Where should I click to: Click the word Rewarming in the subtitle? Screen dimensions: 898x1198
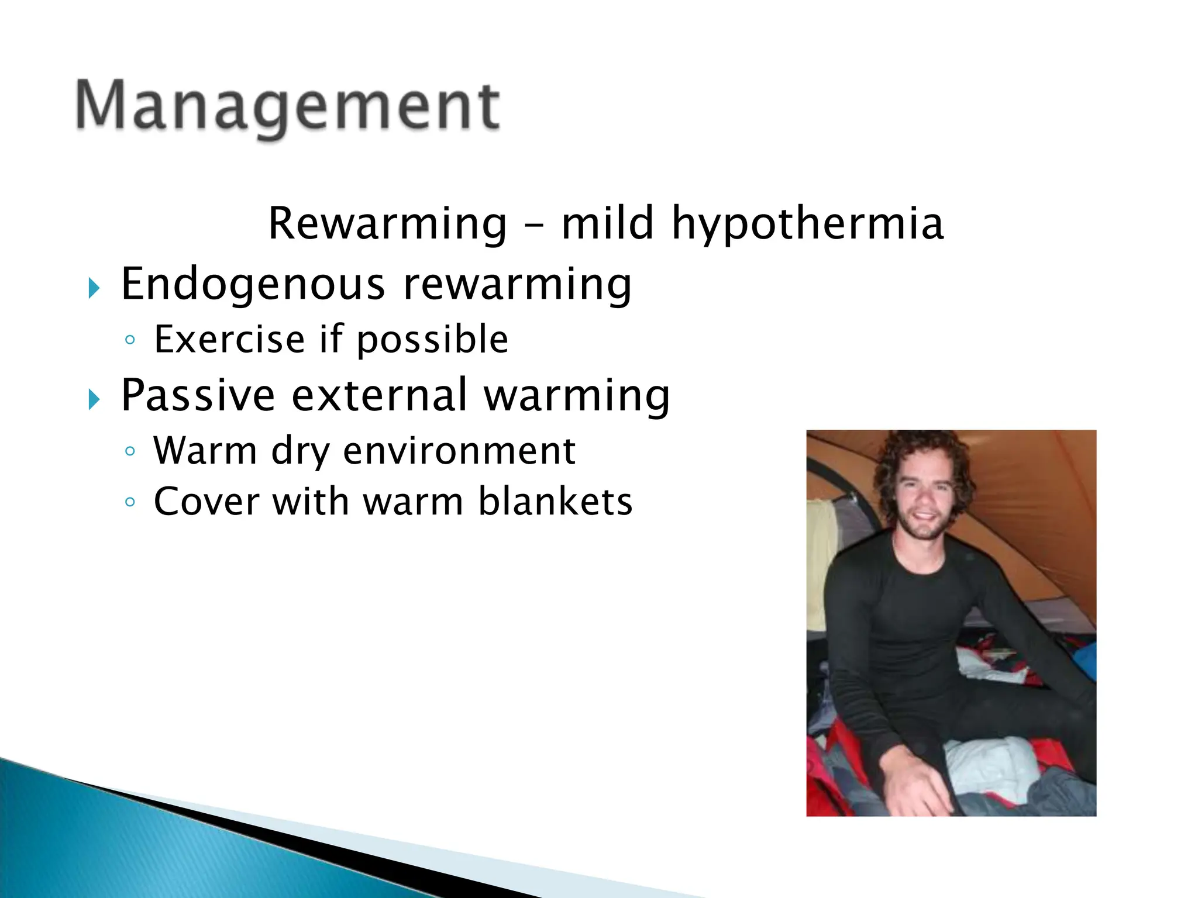(x=387, y=223)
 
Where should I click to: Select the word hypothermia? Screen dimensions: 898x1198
(x=807, y=224)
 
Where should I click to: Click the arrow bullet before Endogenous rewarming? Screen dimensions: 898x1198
(x=94, y=288)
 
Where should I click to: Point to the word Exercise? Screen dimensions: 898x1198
(x=229, y=339)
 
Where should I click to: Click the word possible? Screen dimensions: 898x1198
(x=432, y=340)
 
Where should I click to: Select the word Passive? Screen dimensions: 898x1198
(x=198, y=395)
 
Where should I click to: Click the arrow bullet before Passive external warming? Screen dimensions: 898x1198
(x=94, y=400)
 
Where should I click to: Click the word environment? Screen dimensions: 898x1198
(x=459, y=451)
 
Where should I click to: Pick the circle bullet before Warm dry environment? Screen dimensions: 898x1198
(x=130, y=451)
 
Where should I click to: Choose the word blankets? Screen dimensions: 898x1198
(x=555, y=502)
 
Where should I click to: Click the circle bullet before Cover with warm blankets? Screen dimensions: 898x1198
(x=130, y=502)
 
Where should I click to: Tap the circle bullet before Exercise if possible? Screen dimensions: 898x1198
(x=130, y=340)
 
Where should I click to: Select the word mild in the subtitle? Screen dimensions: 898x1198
(x=607, y=223)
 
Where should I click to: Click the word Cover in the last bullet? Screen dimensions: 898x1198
(x=206, y=502)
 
